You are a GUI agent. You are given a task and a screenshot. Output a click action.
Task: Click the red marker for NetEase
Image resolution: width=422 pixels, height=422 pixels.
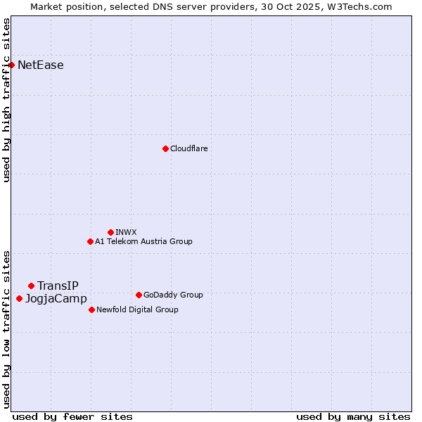point(11,65)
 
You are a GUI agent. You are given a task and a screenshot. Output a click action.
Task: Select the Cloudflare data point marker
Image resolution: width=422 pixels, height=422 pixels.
point(165,148)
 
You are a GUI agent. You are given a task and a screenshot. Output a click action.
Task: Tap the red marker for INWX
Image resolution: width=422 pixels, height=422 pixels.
point(110,232)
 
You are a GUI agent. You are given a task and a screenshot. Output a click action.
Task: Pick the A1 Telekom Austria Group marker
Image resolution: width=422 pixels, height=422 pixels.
point(90,241)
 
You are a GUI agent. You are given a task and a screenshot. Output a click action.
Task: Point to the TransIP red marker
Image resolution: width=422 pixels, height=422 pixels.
point(31,286)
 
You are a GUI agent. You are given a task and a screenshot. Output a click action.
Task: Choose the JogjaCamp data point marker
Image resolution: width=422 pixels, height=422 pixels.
point(19,298)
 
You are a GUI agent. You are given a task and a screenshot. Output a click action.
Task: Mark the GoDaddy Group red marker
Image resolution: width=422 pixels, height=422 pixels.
point(139,295)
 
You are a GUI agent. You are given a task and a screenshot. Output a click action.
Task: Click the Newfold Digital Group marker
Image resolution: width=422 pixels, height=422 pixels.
point(91,309)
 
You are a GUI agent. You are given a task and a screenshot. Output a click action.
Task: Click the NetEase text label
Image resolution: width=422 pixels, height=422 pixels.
point(41,65)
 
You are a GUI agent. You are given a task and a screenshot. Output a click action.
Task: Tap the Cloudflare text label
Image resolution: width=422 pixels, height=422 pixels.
point(188,148)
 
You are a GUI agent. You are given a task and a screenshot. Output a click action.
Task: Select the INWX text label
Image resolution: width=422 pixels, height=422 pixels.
point(126,232)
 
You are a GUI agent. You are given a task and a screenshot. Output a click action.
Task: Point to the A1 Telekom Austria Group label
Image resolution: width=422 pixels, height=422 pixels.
point(143,241)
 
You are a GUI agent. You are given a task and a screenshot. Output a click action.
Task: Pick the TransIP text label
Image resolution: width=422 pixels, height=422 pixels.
point(58,286)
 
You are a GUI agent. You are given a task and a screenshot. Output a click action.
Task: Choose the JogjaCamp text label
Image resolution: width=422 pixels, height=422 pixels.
point(56,299)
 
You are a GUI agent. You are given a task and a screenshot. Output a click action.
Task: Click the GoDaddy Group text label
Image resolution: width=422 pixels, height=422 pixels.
point(173,295)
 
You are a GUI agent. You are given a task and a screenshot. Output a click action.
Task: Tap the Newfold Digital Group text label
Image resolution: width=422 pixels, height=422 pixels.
point(137,309)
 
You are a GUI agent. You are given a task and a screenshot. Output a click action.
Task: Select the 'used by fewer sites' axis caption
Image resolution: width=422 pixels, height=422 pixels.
point(72,416)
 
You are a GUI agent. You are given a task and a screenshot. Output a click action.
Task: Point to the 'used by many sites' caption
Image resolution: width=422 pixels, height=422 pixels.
point(353,416)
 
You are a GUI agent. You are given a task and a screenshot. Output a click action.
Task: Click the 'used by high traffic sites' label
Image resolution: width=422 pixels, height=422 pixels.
point(6,100)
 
